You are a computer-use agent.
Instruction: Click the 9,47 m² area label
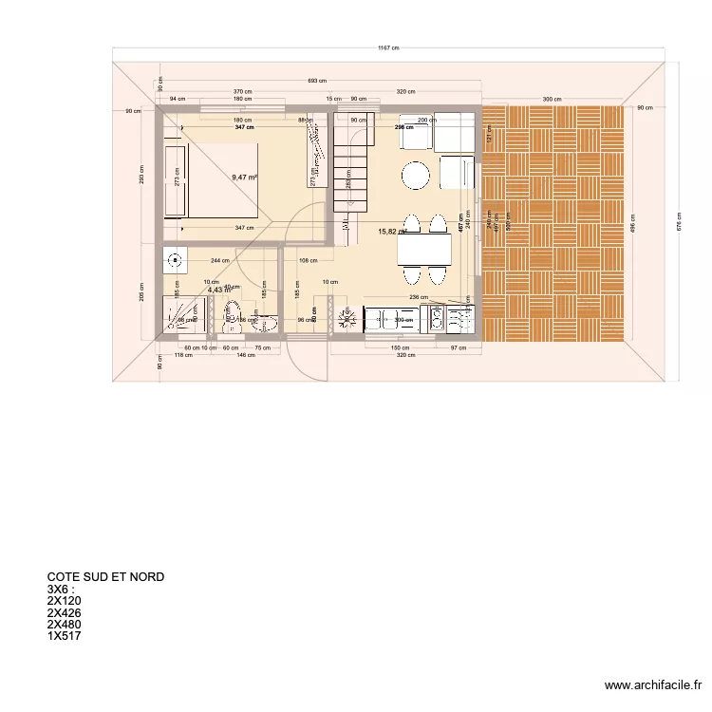(245, 177)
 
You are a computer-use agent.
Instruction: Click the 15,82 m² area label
(392, 231)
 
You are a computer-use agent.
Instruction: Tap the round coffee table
(415, 176)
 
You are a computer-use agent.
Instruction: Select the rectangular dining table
(423, 250)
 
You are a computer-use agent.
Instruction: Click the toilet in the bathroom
(231, 315)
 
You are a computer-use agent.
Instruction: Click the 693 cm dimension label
(317, 82)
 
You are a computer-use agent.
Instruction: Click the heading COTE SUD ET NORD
(105, 576)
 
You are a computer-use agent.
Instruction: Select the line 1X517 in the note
(65, 636)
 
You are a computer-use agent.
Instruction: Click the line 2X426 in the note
(65, 612)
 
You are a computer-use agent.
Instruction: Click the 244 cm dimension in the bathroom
(220, 260)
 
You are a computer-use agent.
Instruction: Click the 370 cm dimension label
(243, 91)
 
